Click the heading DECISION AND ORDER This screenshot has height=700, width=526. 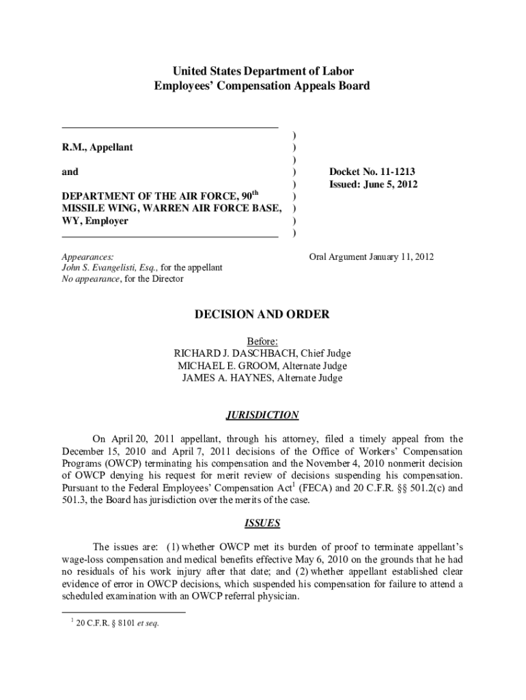tap(262, 314)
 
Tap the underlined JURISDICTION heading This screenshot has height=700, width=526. tap(262, 415)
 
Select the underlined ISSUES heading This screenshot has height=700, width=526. tap(262, 523)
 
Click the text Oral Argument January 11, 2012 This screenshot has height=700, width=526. tap(371, 257)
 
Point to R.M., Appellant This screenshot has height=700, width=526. tap(98, 147)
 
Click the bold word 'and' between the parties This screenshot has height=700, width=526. tap(70, 172)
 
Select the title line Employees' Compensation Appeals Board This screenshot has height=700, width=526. tap(262, 86)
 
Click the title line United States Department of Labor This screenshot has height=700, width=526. tap(262, 71)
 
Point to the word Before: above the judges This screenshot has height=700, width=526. tap(262, 341)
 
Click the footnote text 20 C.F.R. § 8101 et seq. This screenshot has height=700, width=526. tap(115, 623)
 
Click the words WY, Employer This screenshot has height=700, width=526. tap(95, 221)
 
